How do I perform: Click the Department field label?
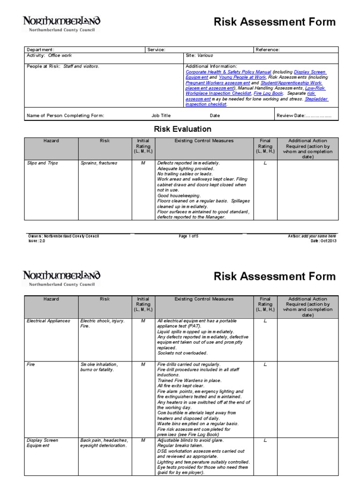(41, 50)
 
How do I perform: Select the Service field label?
(156, 50)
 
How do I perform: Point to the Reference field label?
(268, 50)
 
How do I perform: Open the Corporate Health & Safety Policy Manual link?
(228, 72)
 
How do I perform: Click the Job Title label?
(161, 115)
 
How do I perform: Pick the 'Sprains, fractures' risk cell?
(99, 163)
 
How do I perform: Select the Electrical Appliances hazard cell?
(48, 321)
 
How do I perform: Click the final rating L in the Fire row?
(265, 364)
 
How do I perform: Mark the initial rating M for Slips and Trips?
(143, 163)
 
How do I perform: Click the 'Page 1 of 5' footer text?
(188, 236)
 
